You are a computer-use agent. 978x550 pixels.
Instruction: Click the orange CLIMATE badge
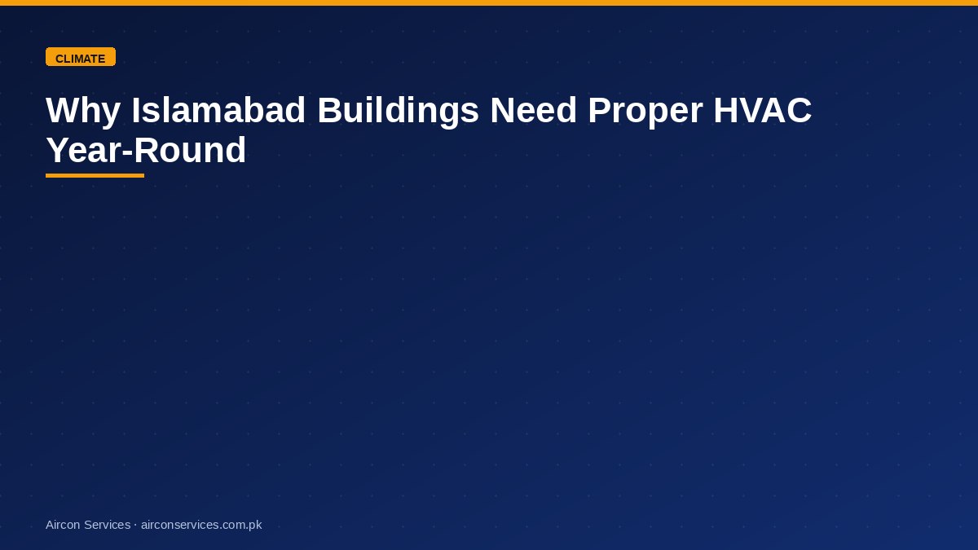[81, 57]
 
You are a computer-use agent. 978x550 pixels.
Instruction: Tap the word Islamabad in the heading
[218, 110]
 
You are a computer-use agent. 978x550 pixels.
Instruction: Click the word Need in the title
[533, 110]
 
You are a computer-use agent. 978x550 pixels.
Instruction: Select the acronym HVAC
[762, 110]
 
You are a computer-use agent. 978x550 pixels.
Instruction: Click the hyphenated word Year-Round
[146, 150]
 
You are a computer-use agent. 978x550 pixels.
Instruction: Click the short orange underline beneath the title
[95, 175]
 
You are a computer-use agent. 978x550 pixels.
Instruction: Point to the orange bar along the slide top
[489, 2]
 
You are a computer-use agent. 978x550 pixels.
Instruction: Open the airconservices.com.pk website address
[201, 525]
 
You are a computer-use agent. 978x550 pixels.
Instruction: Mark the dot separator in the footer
[136, 525]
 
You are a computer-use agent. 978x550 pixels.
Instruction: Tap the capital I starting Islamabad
[136, 110]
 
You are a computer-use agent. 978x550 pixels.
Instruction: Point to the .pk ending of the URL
[254, 526]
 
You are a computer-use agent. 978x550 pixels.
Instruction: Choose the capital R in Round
[148, 150]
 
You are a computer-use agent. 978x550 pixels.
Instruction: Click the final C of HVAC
[799, 110]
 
